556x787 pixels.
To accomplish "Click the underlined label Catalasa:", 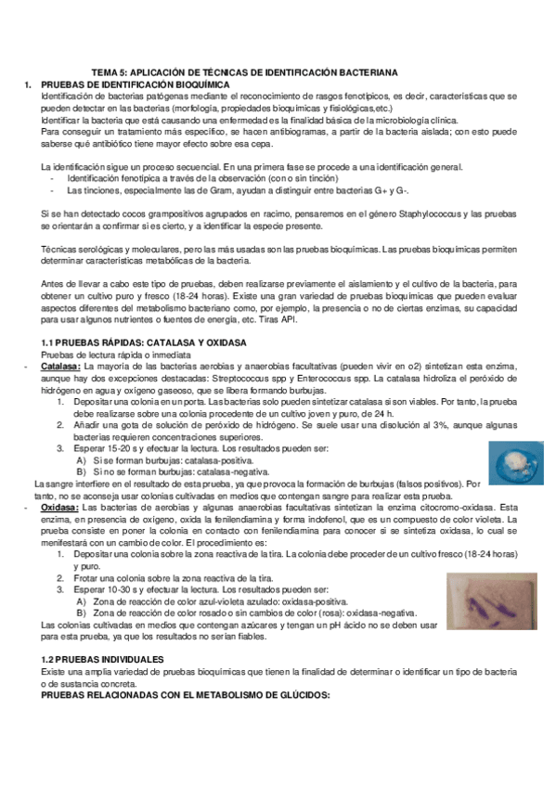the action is pyautogui.click(x=60, y=367).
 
